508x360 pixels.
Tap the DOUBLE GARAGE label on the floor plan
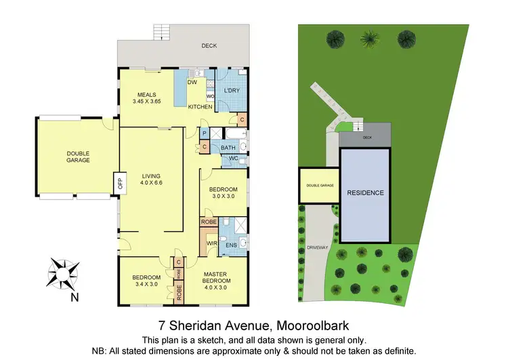click(78, 157)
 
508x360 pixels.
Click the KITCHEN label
click(200, 107)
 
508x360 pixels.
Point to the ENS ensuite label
click(221, 245)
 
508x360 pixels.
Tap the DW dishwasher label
click(192, 82)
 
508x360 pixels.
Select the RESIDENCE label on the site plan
click(366, 193)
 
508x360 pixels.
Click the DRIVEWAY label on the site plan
click(317, 247)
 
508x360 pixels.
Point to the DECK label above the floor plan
click(209, 46)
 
